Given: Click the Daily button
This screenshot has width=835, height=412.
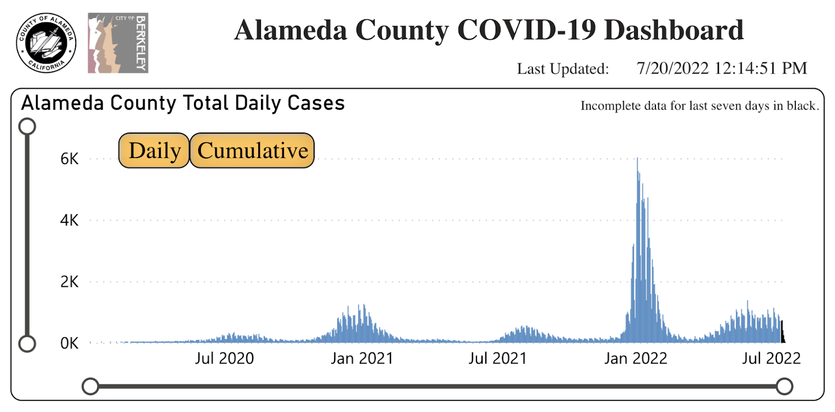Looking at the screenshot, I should click(x=154, y=151).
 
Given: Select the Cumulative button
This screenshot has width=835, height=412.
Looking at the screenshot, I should click(x=252, y=151).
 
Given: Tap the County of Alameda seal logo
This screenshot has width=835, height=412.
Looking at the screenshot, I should click(x=46, y=43).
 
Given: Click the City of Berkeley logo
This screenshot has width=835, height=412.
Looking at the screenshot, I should click(x=118, y=43).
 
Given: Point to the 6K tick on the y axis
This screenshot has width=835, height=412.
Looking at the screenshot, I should click(x=69, y=159).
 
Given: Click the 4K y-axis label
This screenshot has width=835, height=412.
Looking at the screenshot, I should click(x=69, y=221).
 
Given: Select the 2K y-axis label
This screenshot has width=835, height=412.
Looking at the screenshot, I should click(x=69, y=282).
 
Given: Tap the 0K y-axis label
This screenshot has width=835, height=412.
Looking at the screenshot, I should click(x=69, y=344).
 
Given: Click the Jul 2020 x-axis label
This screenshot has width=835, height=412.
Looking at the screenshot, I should click(x=224, y=359).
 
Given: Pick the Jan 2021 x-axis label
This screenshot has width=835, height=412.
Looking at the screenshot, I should click(x=362, y=359).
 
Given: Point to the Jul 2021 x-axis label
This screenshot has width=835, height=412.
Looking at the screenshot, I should click(x=497, y=359).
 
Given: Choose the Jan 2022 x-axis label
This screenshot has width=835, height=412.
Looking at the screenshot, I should click(x=636, y=359).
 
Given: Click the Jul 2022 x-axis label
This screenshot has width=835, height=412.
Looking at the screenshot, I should click(x=771, y=359).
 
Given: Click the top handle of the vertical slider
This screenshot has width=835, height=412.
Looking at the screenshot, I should click(x=27, y=126).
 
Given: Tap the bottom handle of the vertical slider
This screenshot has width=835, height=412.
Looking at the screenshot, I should click(x=27, y=344).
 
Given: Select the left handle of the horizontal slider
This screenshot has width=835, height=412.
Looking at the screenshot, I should click(x=91, y=386).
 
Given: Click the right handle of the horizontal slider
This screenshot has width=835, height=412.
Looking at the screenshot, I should click(x=784, y=386).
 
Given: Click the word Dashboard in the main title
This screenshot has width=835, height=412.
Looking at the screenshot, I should click(x=673, y=30).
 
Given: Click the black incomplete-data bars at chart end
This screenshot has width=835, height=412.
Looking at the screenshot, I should click(x=782, y=334).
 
